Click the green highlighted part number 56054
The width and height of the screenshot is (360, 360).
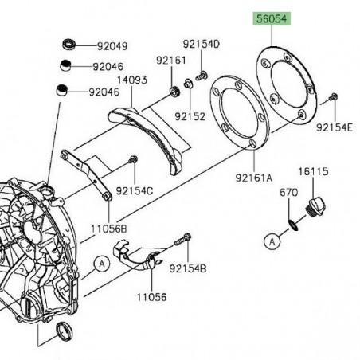pos(272,19)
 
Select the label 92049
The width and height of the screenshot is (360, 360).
pos(112,46)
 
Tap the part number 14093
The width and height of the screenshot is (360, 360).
pos(132,80)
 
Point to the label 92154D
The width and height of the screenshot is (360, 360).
pos(202,44)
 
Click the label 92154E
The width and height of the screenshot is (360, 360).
pos(335,127)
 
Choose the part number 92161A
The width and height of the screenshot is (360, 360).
pos(254,178)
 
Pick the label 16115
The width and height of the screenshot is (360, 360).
pos(313,171)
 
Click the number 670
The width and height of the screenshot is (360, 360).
pos(288,192)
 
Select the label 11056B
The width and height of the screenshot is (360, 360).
pos(109,229)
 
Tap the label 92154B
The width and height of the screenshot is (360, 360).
pos(188,268)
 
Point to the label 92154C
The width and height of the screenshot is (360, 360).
pos(135,190)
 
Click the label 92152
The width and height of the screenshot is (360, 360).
pos(190,116)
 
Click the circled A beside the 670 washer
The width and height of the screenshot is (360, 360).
pos(272,242)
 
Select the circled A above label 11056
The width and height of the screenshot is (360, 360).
pos(102,264)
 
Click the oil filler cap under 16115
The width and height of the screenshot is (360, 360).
pos(315,208)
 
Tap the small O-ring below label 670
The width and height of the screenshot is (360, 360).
pos(293,225)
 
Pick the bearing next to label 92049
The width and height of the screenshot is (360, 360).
pos(69,44)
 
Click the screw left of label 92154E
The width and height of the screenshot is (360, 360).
pos(333,97)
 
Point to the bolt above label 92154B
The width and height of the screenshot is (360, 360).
pos(183,239)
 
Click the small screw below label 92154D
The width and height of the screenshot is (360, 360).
pos(202,76)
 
